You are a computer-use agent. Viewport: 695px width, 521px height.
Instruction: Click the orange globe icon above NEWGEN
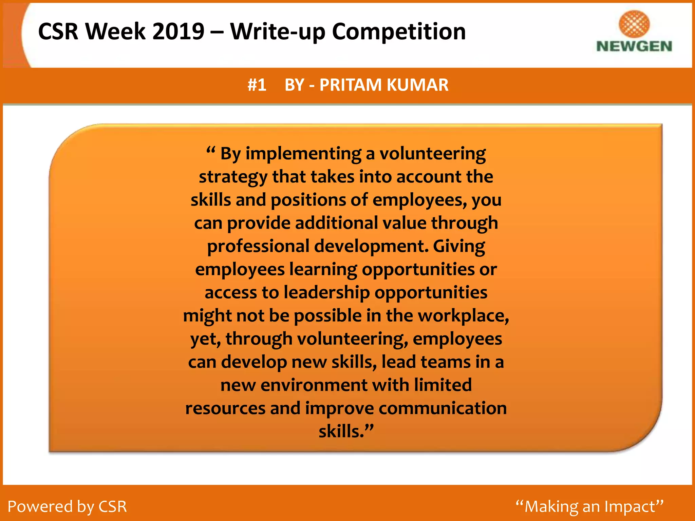(x=634, y=23)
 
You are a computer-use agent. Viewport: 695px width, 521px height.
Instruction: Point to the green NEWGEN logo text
(x=634, y=46)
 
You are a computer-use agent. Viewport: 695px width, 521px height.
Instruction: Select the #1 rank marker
(x=257, y=85)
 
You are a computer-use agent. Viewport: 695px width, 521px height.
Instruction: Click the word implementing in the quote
(x=303, y=154)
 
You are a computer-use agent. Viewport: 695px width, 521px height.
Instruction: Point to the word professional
(x=258, y=246)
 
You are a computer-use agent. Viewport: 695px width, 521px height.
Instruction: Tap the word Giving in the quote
(x=459, y=246)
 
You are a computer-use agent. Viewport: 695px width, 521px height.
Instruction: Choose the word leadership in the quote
(x=327, y=292)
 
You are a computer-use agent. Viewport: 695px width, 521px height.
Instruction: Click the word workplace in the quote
(x=463, y=316)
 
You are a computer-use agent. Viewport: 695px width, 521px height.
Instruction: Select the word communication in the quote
(x=443, y=408)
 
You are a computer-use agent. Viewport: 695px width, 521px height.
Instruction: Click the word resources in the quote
(x=225, y=408)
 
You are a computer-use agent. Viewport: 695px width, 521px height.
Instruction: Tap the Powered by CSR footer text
(x=67, y=506)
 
